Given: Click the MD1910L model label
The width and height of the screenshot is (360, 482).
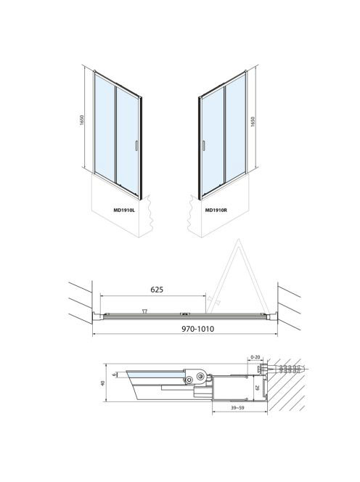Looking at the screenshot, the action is (x=124, y=211).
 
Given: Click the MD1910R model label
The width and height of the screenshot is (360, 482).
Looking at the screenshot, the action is (x=216, y=211).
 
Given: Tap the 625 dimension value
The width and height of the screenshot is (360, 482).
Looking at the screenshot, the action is (x=157, y=290).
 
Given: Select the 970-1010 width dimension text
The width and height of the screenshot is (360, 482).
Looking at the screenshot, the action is (x=197, y=329).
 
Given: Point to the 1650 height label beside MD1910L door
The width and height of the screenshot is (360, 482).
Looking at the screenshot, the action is (x=81, y=120).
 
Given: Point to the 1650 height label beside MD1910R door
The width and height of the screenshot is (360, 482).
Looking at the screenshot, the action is (x=253, y=121).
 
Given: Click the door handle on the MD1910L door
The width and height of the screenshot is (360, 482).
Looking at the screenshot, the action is (x=136, y=146).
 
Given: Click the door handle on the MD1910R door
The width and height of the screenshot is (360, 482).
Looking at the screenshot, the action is (x=203, y=146).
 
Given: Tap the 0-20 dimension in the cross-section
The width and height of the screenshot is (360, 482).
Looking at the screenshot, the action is (x=255, y=357).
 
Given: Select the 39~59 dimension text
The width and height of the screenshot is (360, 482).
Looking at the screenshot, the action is (x=237, y=408).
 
